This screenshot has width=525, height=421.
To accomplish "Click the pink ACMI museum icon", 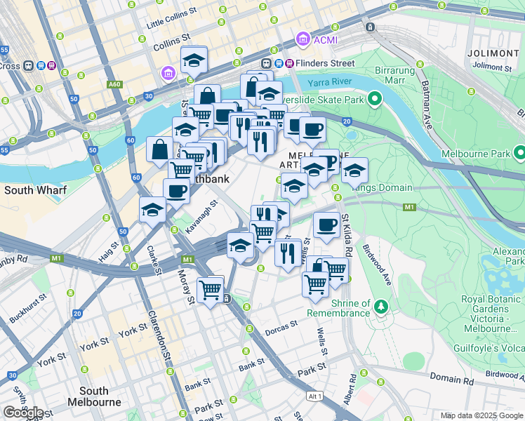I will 303,39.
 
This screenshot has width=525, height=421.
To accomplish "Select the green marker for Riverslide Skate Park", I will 375,99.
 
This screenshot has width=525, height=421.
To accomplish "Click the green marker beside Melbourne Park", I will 519,152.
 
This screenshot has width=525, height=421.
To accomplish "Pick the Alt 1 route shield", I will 315,397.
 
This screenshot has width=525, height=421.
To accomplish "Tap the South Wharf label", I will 35,190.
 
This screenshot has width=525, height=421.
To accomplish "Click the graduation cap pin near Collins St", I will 194,61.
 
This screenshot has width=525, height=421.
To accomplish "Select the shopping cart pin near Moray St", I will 211,288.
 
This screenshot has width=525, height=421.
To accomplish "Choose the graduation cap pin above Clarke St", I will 152,210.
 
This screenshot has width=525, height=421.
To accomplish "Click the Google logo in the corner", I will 23,412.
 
